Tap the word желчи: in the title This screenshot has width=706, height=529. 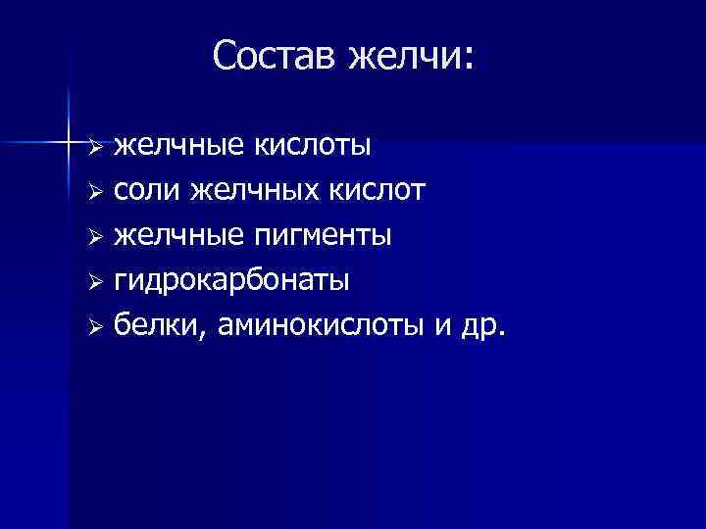[411, 57]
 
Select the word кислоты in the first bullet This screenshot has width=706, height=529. [314, 146]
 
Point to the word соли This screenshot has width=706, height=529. [147, 191]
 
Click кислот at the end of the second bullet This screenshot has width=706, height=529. [383, 191]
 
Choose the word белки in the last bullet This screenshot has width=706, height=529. [154, 326]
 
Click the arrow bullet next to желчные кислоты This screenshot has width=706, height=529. [94, 148]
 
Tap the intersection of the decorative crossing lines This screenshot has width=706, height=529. [69, 143]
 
